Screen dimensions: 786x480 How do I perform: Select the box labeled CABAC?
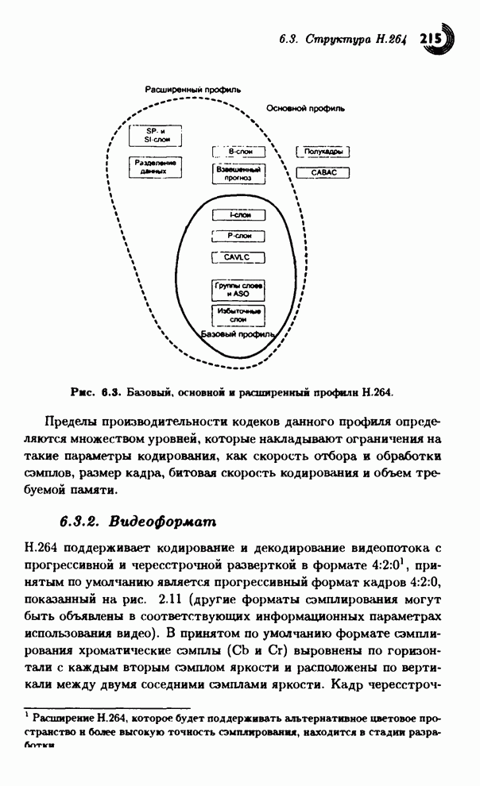point(323,171)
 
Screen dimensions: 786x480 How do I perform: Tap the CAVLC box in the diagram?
point(238,256)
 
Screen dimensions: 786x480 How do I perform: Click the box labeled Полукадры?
point(323,151)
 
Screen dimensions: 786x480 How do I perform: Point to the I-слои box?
point(238,214)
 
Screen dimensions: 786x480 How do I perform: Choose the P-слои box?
point(238,236)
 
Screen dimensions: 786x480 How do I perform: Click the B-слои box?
point(238,151)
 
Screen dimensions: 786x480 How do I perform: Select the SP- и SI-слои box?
point(155,135)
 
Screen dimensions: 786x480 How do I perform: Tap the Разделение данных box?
point(155,167)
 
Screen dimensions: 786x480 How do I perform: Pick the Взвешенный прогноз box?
point(238,174)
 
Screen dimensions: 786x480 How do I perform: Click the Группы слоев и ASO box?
point(238,289)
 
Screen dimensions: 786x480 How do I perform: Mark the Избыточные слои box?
point(238,315)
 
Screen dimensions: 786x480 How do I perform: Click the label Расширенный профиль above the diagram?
point(192,90)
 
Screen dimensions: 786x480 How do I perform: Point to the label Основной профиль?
point(305,108)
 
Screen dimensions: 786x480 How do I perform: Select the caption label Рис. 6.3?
point(95,392)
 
